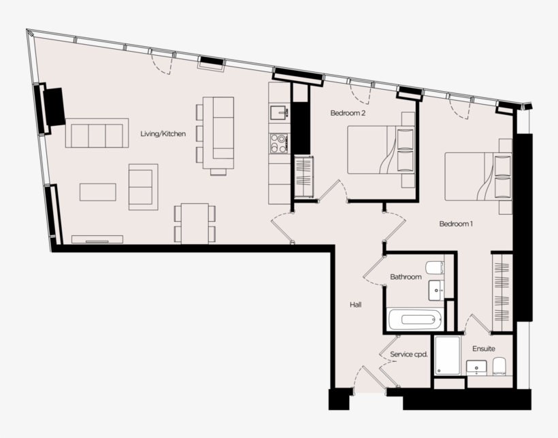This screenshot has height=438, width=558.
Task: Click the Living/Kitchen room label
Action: pyautogui.click(x=163, y=134)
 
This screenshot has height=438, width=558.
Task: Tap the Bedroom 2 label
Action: pyautogui.click(x=348, y=113)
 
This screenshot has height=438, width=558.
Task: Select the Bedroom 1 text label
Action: pyautogui.click(x=456, y=224)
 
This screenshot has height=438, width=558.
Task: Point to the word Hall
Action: pyautogui.click(x=355, y=305)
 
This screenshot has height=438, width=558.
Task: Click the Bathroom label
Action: pyautogui.click(x=406, y=277)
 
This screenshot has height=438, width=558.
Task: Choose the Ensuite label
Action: pyautogui.click(x=484, y=349)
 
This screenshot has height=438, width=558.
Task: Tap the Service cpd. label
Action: pyautogui.click(x=408, y=354)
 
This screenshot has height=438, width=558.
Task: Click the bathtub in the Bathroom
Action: pyautogui.click(x=414, y=319)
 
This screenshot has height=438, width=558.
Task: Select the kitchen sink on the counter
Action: pyautogui.click(x=278, y=113)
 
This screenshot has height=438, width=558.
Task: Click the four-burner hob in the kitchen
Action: pyautogui.click(x=278, y=143)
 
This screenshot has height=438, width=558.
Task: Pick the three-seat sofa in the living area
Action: pyautogui.click(x=97, y=133)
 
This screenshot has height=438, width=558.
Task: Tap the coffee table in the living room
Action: pyautogui.click(x=98, y=192)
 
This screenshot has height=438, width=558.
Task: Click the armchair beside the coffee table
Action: pyautogui.click(x=143, y=187)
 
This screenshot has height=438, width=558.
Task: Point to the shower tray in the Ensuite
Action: pyautogui.click(x=447, y=355)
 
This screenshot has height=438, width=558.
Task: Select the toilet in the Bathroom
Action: pyautogui.click(x=435, y=268)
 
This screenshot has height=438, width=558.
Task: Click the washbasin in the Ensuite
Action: pyautogui.click(x=476, y=367)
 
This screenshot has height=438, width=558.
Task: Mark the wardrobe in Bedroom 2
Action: pyautogui.click(x=303, y=177)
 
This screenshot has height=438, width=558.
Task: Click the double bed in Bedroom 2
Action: pyautogui.click(x=381, y=150)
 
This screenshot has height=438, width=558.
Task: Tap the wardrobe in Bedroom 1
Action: pyautogui.click(x=502, y=292)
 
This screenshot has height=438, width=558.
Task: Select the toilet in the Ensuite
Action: pyautogui.click(x=499, y=365)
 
